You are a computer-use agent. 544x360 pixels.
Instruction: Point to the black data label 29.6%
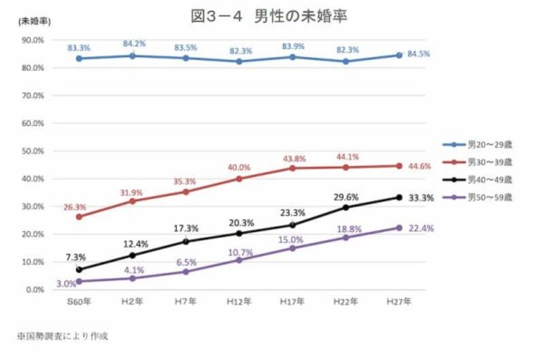(x=347, y=196)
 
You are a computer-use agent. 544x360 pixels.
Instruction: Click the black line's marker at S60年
(x=80, y=269)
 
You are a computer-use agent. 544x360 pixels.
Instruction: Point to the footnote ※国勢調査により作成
(x=63, y=336)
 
